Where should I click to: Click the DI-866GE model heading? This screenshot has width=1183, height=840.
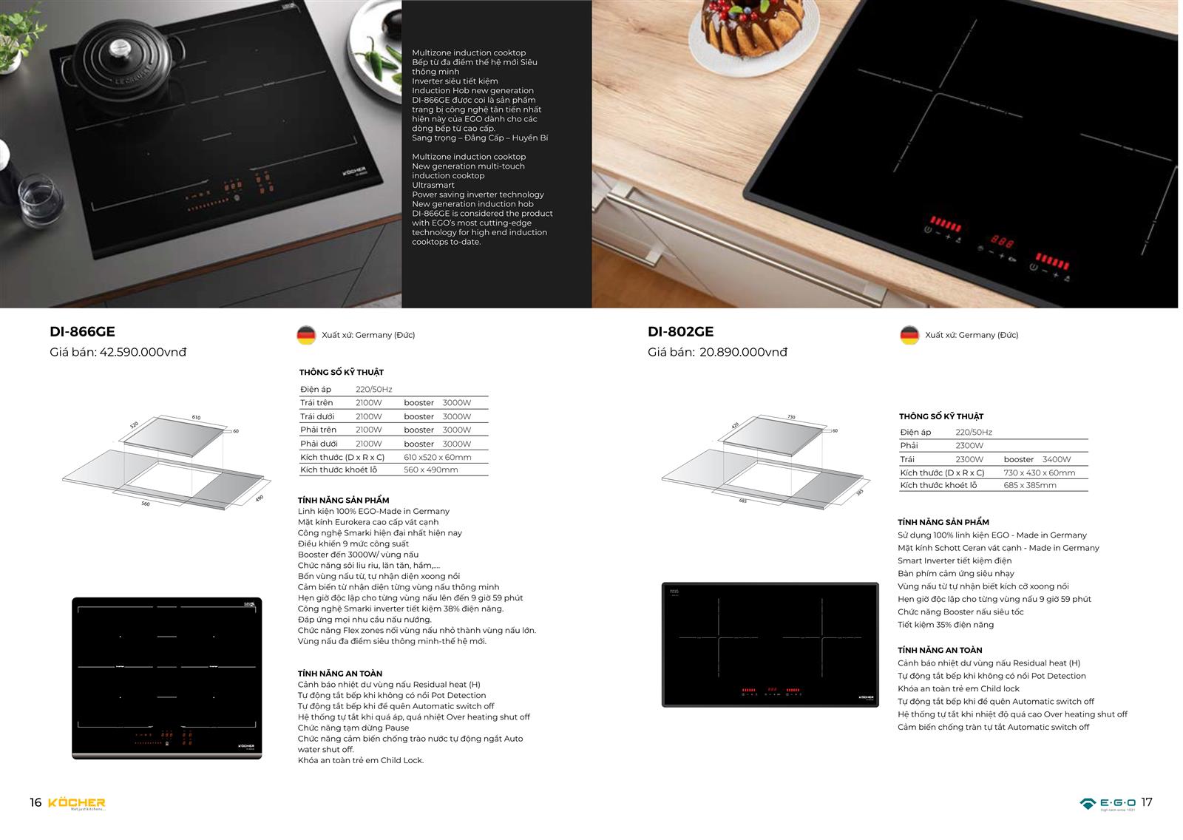82,332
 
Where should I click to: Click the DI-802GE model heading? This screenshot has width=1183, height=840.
680,332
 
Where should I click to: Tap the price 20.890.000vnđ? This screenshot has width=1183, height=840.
742,352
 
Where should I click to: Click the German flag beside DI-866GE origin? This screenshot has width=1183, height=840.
306,335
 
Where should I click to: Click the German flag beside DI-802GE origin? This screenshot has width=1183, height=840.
909,335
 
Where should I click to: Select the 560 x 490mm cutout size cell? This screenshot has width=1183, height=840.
430,470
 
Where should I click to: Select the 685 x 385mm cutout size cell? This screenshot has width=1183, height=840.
1030,485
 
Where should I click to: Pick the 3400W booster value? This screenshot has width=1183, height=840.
1057,459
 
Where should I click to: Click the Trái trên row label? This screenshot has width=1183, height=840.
316,403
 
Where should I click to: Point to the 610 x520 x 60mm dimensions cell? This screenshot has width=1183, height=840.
437,457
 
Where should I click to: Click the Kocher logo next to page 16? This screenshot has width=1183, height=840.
77,803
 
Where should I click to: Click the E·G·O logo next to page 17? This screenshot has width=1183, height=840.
1108,803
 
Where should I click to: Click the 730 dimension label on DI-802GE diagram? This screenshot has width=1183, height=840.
791,417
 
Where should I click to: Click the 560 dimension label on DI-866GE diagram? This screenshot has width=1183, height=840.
146,504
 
